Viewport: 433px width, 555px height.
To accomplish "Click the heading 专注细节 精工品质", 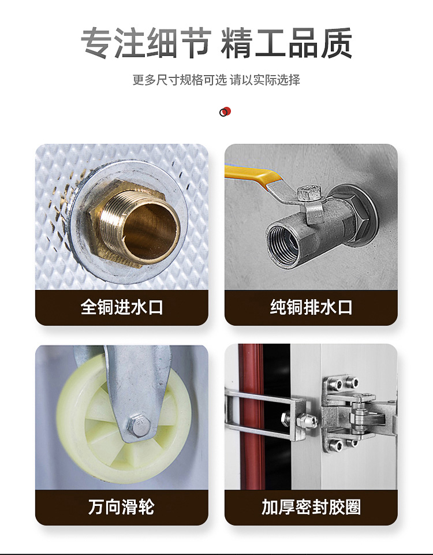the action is pos(216,43).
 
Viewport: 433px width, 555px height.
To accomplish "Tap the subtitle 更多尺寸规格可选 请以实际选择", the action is pos(216,80).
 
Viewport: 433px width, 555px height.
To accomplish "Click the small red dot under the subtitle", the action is pos(227,111).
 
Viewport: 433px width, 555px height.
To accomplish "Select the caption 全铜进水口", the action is pos(122,307).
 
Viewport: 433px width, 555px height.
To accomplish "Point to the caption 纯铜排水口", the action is pos(311,307).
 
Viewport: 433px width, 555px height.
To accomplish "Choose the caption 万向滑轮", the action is pos(121,507).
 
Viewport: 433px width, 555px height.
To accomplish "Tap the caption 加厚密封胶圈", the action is pos(311,507).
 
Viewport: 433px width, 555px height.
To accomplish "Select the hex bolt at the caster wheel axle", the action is pos(139,424).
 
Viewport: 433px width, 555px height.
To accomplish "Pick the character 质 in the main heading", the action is pos(337,43).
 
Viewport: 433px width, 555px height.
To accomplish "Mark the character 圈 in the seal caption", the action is pos(353,507).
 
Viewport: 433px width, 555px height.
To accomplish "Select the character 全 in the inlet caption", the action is pos(89,307).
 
